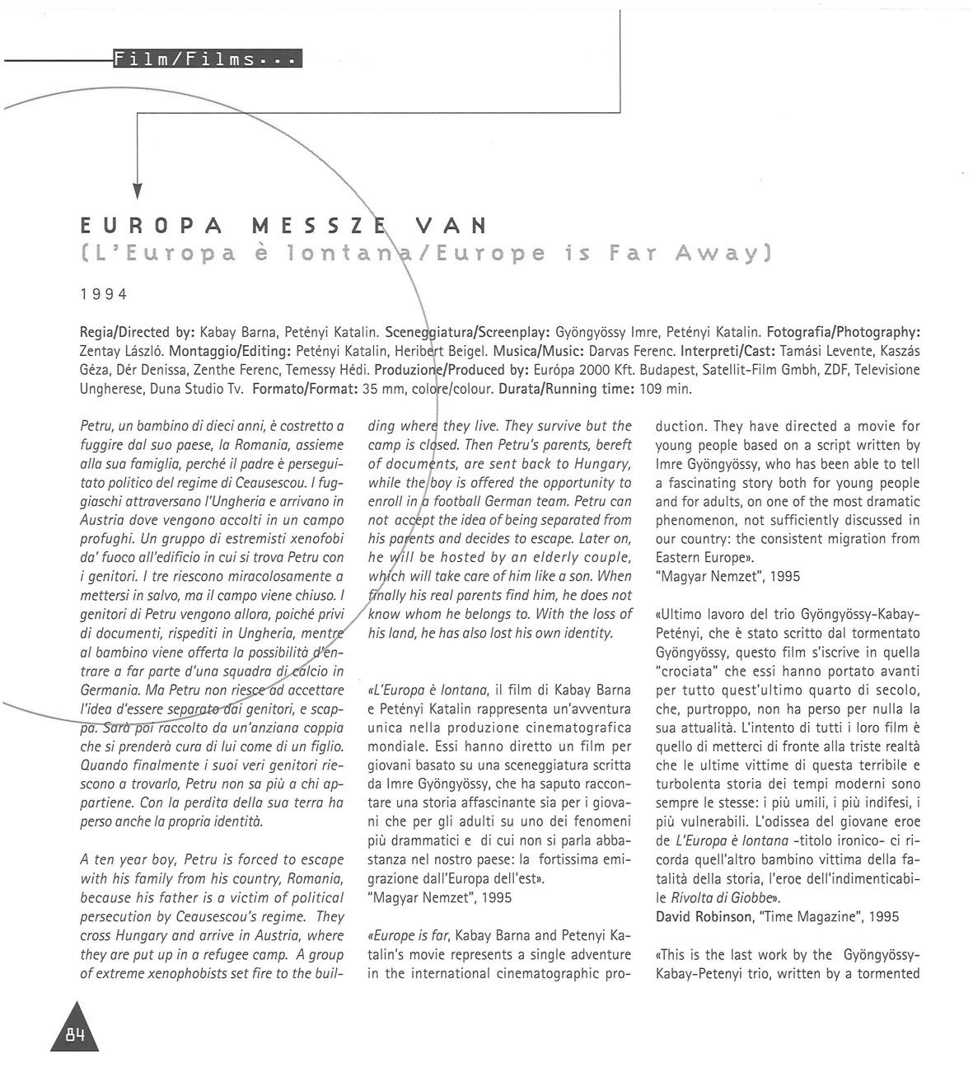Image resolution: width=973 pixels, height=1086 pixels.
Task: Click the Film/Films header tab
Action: tap(208, 59)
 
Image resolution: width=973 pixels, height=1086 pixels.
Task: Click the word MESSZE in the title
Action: tap(325, 225)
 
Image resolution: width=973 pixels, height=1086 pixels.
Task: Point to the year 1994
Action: tap(104, 294)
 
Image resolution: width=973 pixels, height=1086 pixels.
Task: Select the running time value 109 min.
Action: tap(666, 388)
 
